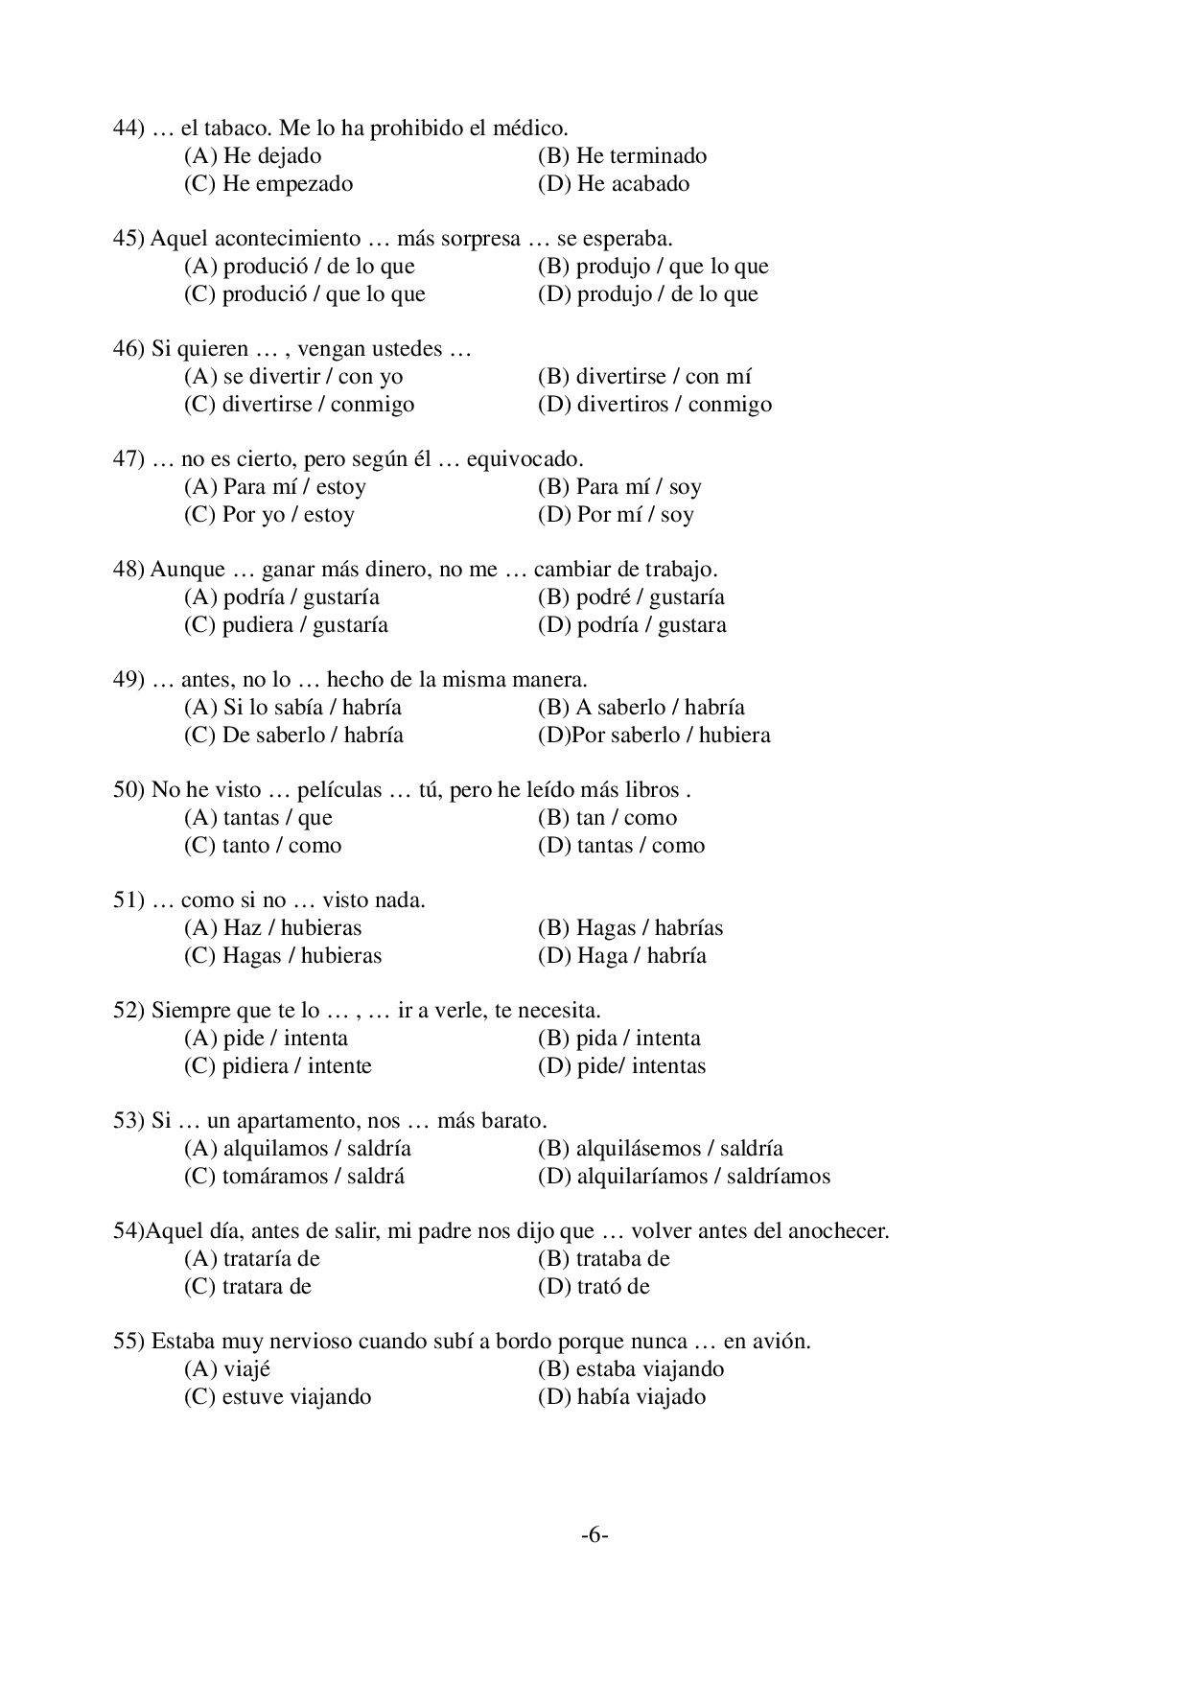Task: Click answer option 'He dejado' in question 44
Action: [252, 156]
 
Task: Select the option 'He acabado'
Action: [614, 184]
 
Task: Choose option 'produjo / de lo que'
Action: [648, 294]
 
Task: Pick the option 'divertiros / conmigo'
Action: [655, 405]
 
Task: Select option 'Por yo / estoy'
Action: [269, 515]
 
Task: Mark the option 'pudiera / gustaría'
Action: [286, 625]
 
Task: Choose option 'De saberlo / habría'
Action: [293, 736]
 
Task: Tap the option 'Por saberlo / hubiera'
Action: [654, 736]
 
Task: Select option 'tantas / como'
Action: [621, 846]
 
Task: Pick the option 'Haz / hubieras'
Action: [273, 928]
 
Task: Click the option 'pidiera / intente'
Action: [278, 1066]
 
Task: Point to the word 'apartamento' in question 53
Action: [272, 1121]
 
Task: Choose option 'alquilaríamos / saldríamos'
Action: [685, 1177]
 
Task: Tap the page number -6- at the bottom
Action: [594, 1535]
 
